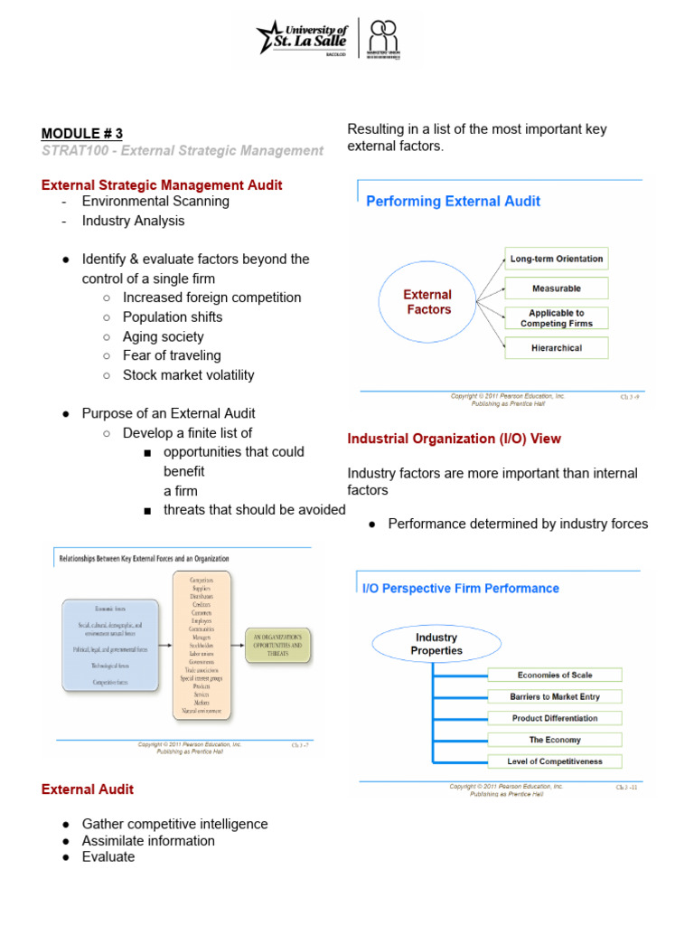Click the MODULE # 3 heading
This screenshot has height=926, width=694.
click(x=81, y=134)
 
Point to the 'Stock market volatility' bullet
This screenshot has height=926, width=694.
click(x=188, y=374)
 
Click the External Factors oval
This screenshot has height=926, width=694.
click(x=427, y=302)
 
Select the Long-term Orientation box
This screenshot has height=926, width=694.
click(x=556, y=259)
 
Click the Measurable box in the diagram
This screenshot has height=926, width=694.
click(x=556, y=288)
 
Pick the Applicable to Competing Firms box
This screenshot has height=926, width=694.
click(x=556, y=318)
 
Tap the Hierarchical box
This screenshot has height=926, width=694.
click(x=556, y=348)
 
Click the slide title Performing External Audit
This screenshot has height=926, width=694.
click(x=453, y=201)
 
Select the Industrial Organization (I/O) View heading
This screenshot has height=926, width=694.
click(x=454, y=439)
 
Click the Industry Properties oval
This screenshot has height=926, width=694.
click(x=436, y=644)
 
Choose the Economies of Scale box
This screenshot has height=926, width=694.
click(x=554, y=675)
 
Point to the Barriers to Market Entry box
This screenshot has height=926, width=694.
click(x=554, y=696)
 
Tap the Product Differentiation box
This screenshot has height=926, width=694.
click(x=554, y=718)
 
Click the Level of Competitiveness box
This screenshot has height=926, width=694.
click(x=554, y=761)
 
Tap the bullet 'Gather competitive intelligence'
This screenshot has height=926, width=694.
click(x=174, y=824)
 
